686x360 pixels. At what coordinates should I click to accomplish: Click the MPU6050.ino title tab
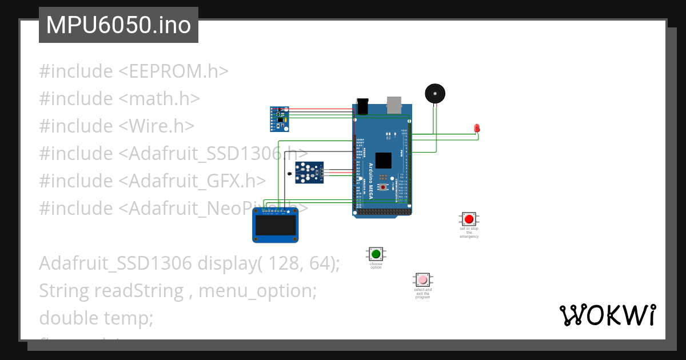click(x=118, y=25)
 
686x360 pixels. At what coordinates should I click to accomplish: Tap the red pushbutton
click(x=469, y=219)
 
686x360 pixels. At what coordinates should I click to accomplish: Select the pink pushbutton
click(x=422, y=280)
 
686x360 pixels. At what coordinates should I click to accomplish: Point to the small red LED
click(x=477, y=129)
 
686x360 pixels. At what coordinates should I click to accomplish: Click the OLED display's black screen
click(x=275, y=226)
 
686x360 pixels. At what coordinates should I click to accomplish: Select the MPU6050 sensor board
click(x=280, y=118)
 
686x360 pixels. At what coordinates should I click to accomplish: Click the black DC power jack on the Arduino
click(x=362, y=105)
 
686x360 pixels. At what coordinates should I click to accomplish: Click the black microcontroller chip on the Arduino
click(x=384, y=161)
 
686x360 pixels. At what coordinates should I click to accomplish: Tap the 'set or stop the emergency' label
click(x=469, y=232)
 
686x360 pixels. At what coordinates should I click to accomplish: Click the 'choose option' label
click(x=376, y=266)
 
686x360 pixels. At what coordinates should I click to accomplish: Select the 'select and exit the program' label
click(x=422, y=294)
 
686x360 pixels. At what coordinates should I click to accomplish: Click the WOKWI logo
click(x=607, y=315)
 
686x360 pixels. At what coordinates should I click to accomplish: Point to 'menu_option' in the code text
click(x=257, y=291)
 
